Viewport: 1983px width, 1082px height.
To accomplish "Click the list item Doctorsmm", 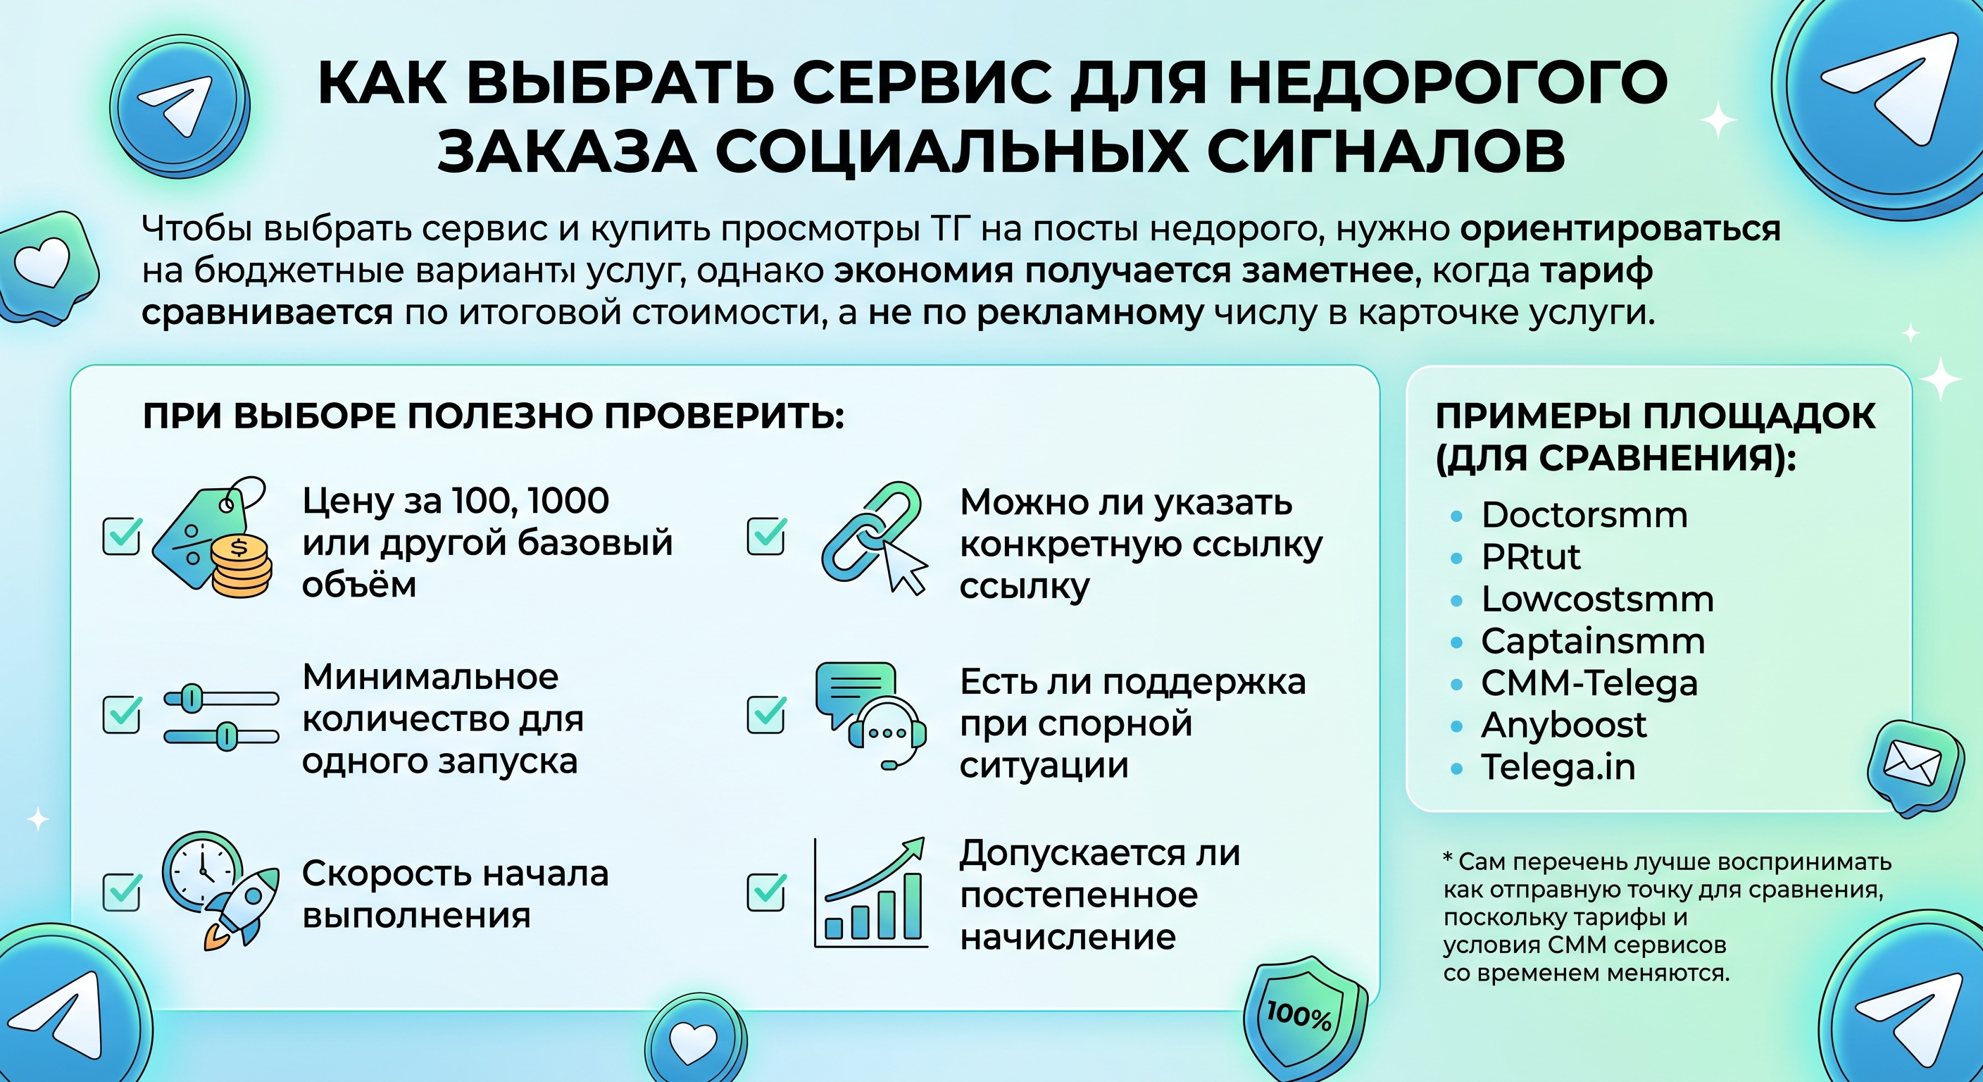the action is [1584, 514].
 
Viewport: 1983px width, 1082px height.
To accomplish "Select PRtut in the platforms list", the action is [1530, 556].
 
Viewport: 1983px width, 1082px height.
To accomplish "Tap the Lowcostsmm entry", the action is [1597, 599].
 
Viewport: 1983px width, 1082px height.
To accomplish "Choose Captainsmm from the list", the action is [1593, 642].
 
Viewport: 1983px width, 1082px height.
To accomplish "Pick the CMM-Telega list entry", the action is [1589, 683].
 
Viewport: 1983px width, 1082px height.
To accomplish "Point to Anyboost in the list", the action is [1563, 726].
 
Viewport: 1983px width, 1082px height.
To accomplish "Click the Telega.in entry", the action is [1558, 767].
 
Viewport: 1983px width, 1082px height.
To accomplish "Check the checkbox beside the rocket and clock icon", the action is [122, 892].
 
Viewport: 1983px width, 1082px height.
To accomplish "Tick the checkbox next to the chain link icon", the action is [767, 536].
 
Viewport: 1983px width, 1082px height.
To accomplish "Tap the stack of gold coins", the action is [241, 567].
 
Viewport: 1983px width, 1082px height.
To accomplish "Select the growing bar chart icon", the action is [870, 893].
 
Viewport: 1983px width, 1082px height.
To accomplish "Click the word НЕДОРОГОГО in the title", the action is [1447, 82].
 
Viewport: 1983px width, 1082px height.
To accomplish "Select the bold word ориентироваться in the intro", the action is [1620, 229].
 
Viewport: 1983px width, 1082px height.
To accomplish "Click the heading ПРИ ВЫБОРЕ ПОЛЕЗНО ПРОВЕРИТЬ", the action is [494, 416].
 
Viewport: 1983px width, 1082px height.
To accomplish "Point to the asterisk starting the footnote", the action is [1448, 857].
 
